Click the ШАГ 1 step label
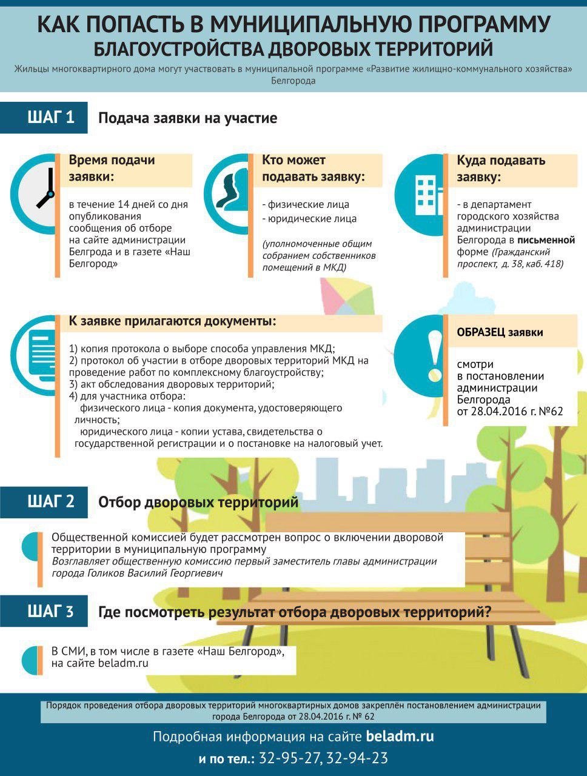point(51,117)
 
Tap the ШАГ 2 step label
point(51,502)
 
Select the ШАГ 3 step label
point(51,611)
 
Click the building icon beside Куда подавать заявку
point(424,193)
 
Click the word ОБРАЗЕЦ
point(481,332)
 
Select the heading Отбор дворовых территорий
point(198,502)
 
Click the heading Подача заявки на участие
point(187,118)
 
